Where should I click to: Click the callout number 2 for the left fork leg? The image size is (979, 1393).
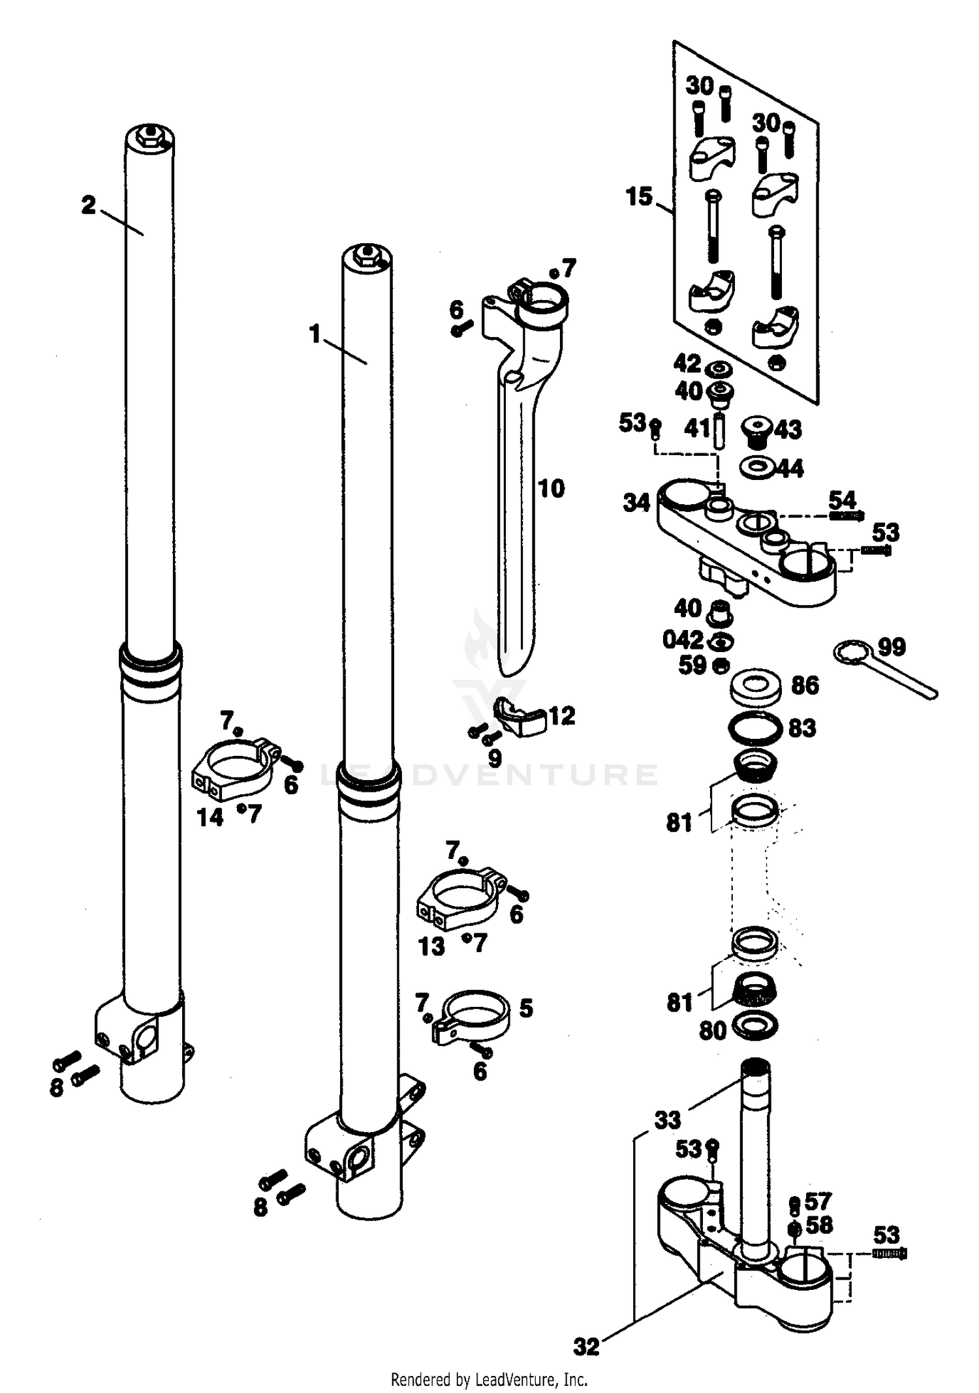click(x=89, y=206)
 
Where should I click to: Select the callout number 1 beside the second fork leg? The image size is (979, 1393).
click(x=316, y=335)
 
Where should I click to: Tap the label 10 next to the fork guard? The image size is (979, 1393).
click(x=552, y=488)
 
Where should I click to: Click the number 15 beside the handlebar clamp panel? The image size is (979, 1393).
click(x=639, y=196)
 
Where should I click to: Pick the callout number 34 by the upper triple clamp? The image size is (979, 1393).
click(x=636, y=503)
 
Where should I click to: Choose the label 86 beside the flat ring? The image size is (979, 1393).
click(x=805, y=685)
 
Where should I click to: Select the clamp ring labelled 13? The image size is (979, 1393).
click(x=460, y=897)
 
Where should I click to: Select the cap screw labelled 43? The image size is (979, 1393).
click(x=758, y=430)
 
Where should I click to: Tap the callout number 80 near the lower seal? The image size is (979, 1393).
click(x=713, y=1031)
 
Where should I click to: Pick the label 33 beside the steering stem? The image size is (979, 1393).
click(x=668, y=1120)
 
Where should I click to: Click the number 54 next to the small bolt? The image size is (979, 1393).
click(x=842, y=500)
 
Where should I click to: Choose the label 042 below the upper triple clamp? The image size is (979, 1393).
click(x=683, y=639)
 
